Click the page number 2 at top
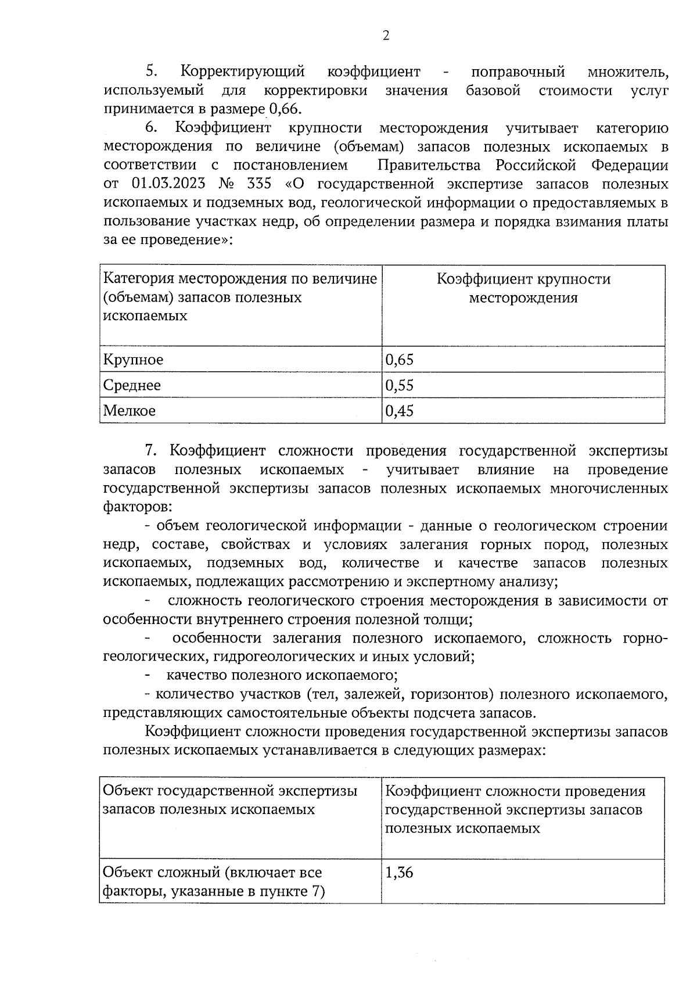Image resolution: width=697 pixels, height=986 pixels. point(386,36)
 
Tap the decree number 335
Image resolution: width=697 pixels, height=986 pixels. point(259,184)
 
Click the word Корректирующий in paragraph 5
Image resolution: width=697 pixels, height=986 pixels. point(243,72)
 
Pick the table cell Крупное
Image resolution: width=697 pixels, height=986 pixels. point(133,360)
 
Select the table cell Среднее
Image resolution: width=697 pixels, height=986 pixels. point(132,385)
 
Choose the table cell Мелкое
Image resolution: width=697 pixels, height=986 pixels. point(130,411)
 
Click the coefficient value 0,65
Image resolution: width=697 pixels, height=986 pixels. point(400,360)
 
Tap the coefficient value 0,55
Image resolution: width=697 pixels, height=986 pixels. point(400,385)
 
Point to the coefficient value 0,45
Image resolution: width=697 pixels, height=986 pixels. point(400,411)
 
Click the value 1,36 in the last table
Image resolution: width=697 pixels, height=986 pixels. point(399,872)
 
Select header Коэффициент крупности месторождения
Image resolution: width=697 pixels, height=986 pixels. point(523,288)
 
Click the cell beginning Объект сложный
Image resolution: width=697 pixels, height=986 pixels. point(213,881)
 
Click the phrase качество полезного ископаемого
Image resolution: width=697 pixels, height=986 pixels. point(282,675)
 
